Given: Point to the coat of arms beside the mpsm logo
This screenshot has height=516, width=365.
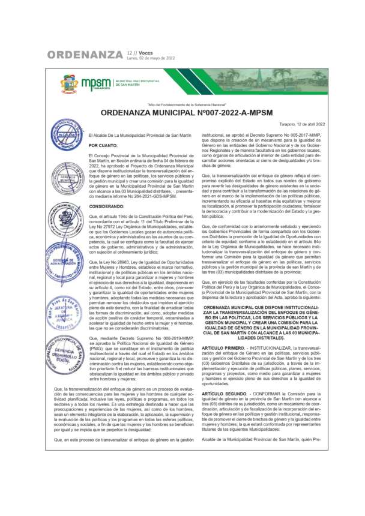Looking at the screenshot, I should pos(69,84).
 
